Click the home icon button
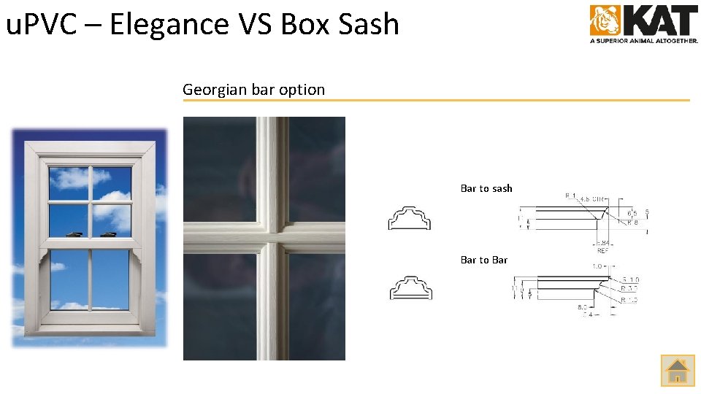pos(678,370)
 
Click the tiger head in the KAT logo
pos(605,20)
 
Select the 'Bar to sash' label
pos(486,188)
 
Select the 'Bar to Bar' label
pos(484,260)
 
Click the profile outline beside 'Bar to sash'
pos(410,218)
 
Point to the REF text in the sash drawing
pos(603,250)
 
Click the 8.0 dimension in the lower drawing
pos(583,307)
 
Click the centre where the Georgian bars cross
pos(272,238)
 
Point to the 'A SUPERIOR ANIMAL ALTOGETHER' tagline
pos(644,41)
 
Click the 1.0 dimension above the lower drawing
pos(597,266)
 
